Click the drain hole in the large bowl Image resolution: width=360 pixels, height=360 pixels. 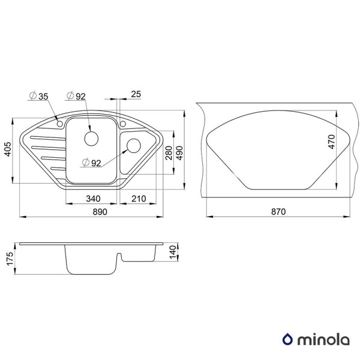coord(92,138)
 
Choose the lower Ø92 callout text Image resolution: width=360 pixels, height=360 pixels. coord(92,162)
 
